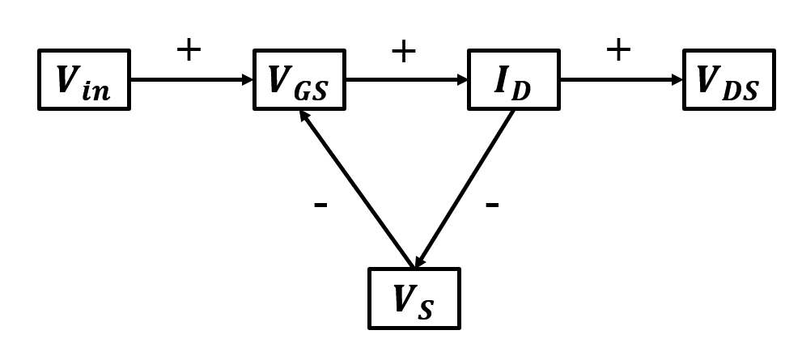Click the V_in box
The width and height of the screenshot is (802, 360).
pos(84,80)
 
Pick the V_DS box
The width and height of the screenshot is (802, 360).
pos(728,80)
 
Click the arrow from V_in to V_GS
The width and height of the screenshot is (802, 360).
pos(190,80)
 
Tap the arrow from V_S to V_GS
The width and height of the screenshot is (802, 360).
pos(356,190)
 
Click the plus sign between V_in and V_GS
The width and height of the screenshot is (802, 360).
pos(188,51)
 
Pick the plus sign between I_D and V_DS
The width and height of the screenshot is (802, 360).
pos(617,51)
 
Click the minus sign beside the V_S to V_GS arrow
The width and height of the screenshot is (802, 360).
pos(320,205)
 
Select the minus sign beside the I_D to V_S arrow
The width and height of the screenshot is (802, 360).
pos(491,205)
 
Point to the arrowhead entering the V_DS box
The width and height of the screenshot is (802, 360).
pos(677,80)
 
